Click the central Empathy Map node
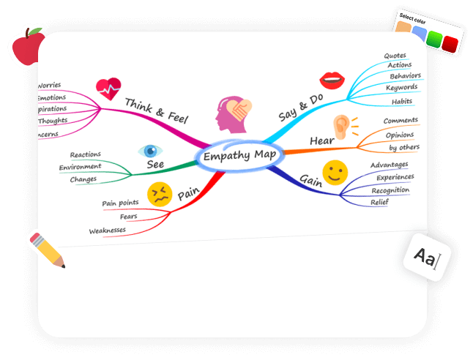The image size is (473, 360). pos(236,156)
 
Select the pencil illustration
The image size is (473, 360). pos(46,248)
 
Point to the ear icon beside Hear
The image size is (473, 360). pos(343,129)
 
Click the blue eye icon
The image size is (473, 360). pos(151,151)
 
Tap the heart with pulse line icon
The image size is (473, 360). pos(108,89)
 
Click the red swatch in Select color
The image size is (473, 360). pos(450,43)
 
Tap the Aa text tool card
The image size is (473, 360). pos(427,257)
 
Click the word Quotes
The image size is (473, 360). pos(395,56)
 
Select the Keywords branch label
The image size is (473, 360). pos(401,88)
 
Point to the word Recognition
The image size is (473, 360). pos(390,190)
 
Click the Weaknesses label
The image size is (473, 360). pos(107,230)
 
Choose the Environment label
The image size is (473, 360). pos(81,167)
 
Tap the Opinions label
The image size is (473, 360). pos(400,135)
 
